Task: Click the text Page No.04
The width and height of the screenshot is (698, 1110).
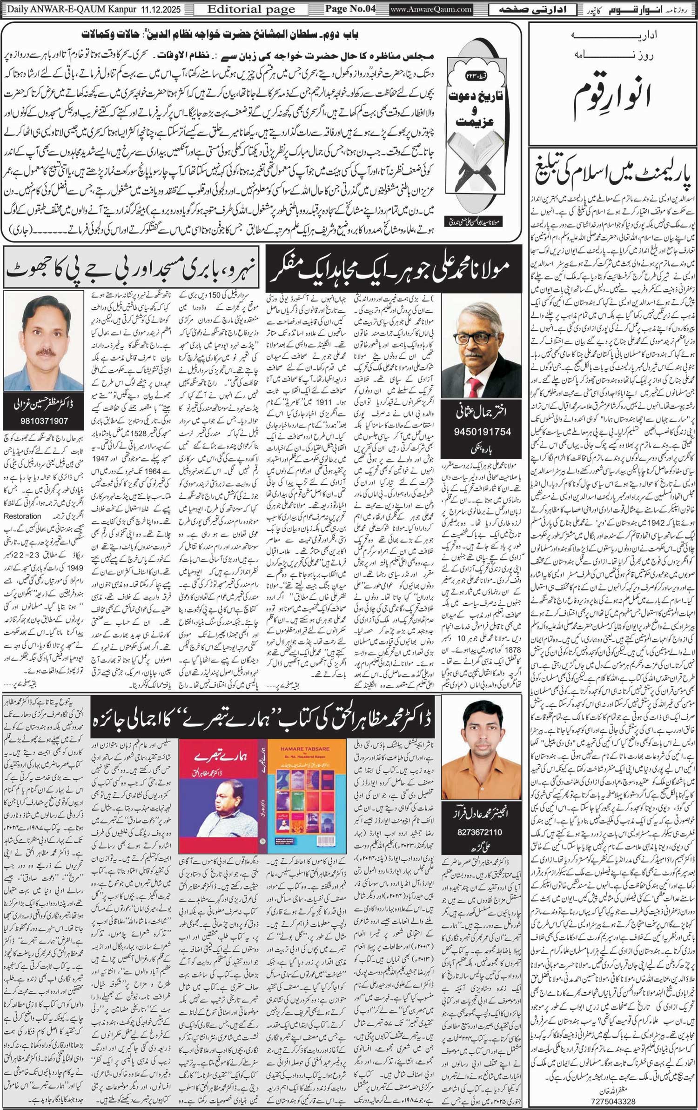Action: click(x=350, y=9)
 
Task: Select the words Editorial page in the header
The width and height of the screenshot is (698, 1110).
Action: click(x=251, y=9)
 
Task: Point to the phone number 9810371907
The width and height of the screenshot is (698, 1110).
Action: click(x=43, y=421)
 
